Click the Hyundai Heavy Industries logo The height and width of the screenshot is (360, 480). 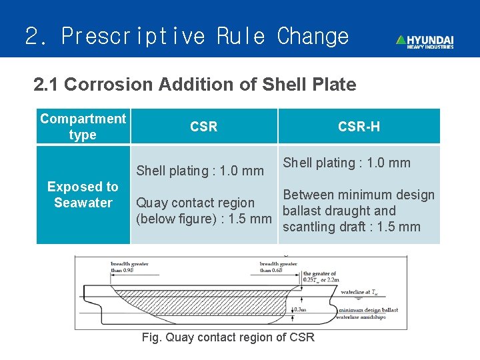(x=425, y=41)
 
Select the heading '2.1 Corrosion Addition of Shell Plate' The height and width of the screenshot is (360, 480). (x=195, y=85)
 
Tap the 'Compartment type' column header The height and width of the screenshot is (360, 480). (x=83, y=127)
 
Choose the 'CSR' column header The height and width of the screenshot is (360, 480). (x=203, y=127)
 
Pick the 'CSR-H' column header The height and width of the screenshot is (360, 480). (x=359, y=127)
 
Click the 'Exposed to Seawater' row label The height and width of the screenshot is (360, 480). (x=83, y=195)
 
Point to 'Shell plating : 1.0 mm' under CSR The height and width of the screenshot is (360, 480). (x=200, y=171)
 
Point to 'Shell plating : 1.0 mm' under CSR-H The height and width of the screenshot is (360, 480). (x=347, y=163)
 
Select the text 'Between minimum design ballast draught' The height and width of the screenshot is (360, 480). (x=359, y=203)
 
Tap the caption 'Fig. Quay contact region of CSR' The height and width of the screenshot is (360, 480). (x=228, y=337)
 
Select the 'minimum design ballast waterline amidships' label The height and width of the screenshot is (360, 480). (x=368, y=314)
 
